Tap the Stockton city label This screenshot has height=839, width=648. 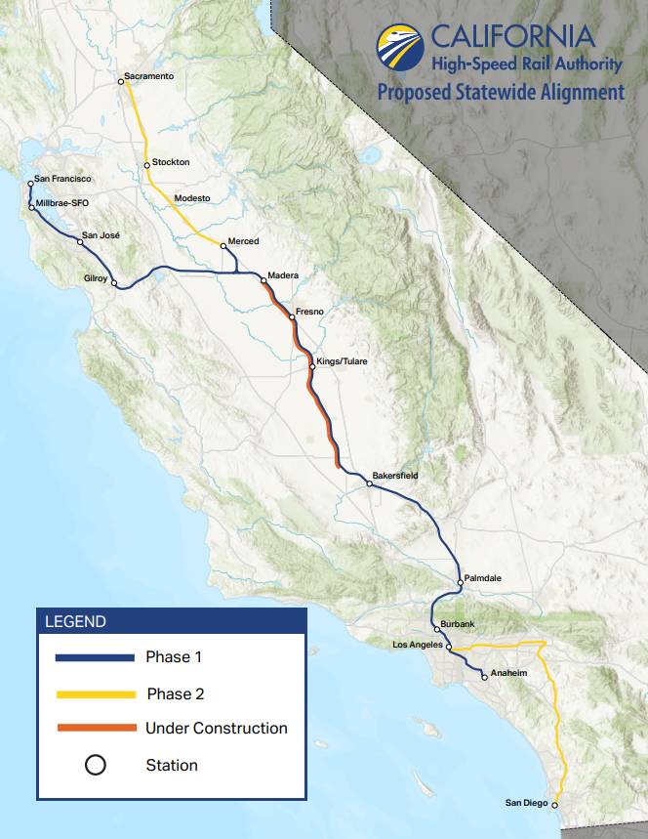pyautogui.click(x=171, y=162)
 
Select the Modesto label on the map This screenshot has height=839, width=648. pyautogui.click(x=191, y=198)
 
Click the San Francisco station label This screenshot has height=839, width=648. pyautogui.click(x=62, y=179)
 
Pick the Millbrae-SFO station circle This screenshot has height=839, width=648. pyautogui.click(x=31, y=207)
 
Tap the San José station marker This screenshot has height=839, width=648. pyautogui.click(x=81, y=240)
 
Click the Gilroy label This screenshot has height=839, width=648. pyautogui.click(x=95, y=278)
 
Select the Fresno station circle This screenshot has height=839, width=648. pyautogui.click(x=292, y=317)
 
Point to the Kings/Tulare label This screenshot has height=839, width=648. pyautogui.click(x=343, y=361)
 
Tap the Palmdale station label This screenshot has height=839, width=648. pyautogui.click(x=483, y=578)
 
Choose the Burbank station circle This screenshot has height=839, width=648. pyautogui.click(x=436, y=629)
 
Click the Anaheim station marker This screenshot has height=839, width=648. pyautogui.click(x=484, y=676)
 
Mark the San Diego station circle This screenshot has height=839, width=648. pyautogui.click(x=554, y=805)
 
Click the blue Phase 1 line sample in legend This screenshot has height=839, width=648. pyautogui.click(x=96, y=657)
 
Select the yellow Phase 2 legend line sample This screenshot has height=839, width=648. pyautogui.click(x=96, y=693)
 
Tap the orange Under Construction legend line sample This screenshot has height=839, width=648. pyautogui.click(x=96, y=729)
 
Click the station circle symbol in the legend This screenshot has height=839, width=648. pyautogui.click(x=96, y=765)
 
